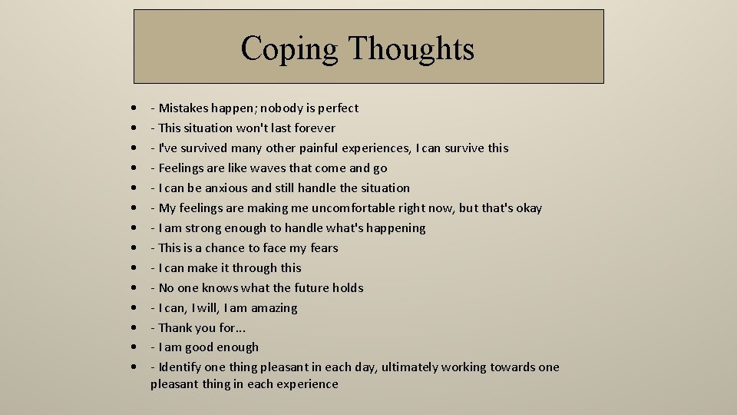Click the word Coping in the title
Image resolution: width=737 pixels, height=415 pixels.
[x=289, y=48]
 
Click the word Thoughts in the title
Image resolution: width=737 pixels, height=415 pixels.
[x=411, y=48]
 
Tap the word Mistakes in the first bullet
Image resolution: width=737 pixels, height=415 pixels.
[x=185, y=108]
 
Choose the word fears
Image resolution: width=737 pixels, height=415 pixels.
[x=324, y=248]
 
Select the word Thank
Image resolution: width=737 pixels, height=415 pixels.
[x=176, y=328]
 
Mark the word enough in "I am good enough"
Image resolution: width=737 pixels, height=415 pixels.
[x=237, y=347]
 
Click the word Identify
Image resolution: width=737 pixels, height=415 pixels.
[x=181, y=367]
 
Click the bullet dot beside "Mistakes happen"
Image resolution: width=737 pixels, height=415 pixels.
[x=134, y=108]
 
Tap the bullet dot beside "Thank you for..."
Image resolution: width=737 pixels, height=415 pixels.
[x=134, y=328]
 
